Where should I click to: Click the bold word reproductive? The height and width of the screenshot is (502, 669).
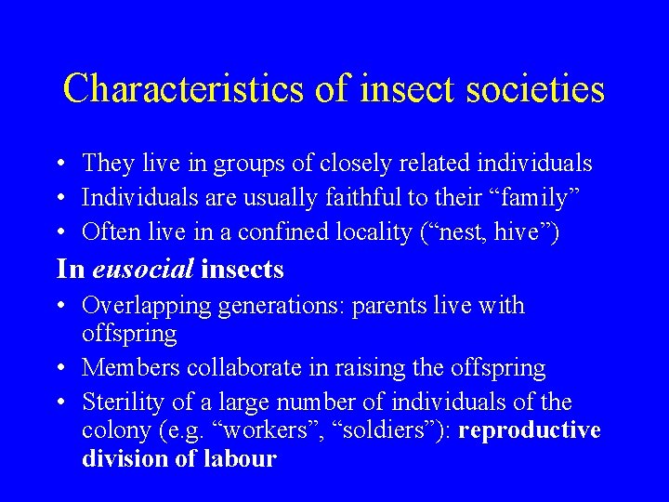pos(529,431)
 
